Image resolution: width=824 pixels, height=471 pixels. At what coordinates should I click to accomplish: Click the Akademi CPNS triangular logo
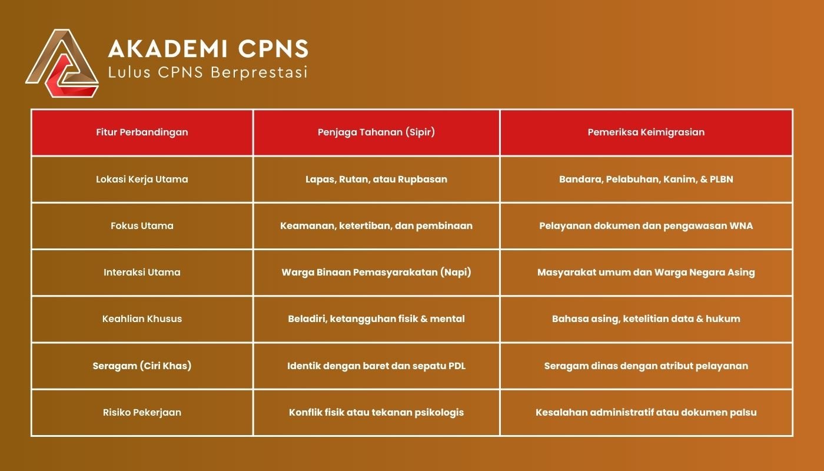click(62, 64)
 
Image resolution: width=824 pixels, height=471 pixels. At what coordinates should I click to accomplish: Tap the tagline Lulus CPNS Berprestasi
click(208, 72)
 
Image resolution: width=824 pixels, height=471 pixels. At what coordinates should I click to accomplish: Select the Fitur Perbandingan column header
click(142, 132)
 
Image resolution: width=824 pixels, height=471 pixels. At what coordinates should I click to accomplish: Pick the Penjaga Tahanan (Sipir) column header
click(376, 132)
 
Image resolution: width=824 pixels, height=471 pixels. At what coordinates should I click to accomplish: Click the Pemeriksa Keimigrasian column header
click(646, 132)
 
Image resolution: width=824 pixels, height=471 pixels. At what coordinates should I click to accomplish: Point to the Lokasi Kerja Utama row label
click(142, 179)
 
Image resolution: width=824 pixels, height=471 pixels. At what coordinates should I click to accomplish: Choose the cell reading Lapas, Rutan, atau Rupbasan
click(376, 179)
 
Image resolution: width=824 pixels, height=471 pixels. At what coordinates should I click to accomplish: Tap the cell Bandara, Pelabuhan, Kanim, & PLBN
click(646, 179)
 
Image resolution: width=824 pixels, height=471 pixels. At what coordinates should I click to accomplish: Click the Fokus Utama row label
click(142, 225)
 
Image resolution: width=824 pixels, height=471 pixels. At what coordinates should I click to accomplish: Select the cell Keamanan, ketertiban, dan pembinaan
click(376, 225)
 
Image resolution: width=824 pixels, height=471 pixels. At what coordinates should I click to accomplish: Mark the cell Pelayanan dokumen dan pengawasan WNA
click(646, 225)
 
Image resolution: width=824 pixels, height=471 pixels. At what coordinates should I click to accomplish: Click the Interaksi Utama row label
click(142, 272)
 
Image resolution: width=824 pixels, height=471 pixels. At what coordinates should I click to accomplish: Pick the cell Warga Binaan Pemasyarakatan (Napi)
click(376, 272)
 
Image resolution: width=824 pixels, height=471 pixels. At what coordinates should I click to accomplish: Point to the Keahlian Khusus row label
click(142, 319)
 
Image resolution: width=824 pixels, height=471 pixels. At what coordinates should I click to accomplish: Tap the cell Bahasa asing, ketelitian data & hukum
click(646, 319)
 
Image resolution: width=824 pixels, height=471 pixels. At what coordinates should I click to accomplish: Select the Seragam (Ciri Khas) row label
click(142, 366)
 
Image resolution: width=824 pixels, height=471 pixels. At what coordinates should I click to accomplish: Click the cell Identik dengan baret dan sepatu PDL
click(376, 366)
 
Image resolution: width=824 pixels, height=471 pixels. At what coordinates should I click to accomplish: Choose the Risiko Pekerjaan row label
click(142, 412)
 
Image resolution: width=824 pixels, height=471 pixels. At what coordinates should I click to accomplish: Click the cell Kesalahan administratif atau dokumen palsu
click(646, 412)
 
